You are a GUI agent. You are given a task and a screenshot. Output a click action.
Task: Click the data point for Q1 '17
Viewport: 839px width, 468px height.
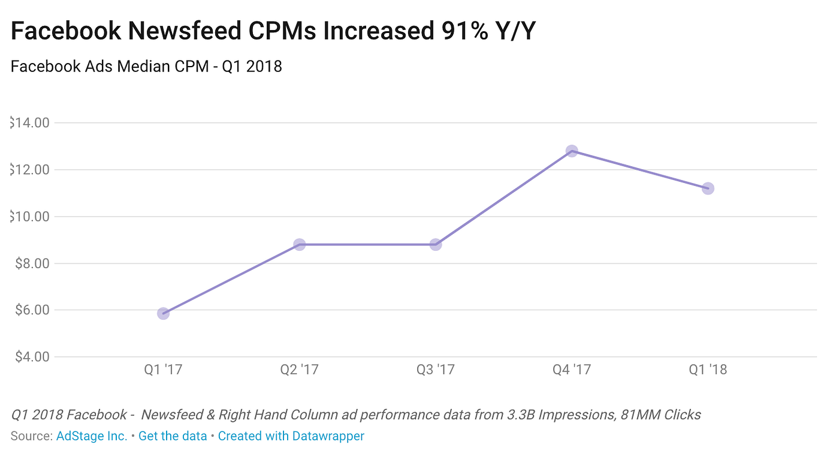point(163,313)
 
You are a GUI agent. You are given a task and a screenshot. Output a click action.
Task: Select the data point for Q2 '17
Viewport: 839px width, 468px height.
point(299,244)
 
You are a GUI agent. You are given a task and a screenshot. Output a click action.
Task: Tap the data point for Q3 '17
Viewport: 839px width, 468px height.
point(436,244)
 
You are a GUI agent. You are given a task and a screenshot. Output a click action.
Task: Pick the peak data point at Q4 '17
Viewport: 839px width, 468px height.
point(572,151)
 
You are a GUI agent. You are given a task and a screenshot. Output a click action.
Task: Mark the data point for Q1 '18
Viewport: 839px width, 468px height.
point(708,188)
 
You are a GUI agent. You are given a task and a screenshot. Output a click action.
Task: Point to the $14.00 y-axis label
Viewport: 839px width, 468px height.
point(30,123)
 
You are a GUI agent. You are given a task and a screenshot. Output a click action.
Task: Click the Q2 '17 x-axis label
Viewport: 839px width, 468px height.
point(299,370)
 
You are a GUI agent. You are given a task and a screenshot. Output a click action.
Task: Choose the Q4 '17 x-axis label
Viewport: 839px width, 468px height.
point(572,370)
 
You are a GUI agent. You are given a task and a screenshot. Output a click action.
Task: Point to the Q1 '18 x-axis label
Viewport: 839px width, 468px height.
point(708,370)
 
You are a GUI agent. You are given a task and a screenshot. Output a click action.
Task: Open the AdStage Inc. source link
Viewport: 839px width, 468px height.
point(92,436)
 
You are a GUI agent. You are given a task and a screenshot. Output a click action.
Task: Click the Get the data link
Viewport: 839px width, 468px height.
point(173,436)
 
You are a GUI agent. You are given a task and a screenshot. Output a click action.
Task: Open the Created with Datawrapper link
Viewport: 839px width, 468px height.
point(291,436)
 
